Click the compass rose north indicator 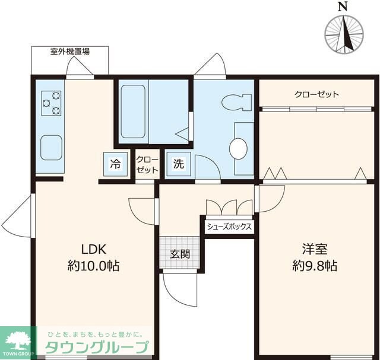(x=344, y=34)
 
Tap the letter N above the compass (x=343, y=7)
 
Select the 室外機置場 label (x=70, y=52)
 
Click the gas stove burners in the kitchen (x=52, y=103)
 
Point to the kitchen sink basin (x=52, y=148)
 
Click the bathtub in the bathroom (x=133, y=111)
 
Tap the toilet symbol (x=236, y=102)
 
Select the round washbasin (x=238, y=149)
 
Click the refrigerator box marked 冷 (x=115, y=164)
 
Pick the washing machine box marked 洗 (x=178, y=164)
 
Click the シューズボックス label (x=229, y=227)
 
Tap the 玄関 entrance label (x=180, y=254)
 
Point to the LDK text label (x=94, y=249)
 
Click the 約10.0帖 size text (x=94, y=266)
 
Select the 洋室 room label (x=315, y=249)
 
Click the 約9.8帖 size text (x=315, y=266)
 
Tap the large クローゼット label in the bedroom (x=316, y=94)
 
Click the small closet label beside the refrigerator (x=147, y=165)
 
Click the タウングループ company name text (x=96, y=348)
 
